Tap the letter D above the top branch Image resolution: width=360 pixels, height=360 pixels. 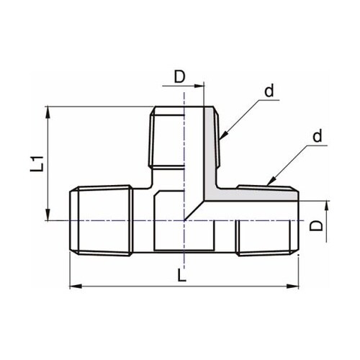179,76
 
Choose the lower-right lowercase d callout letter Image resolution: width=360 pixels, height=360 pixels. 317,136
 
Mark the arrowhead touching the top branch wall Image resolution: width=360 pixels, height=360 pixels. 222,135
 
